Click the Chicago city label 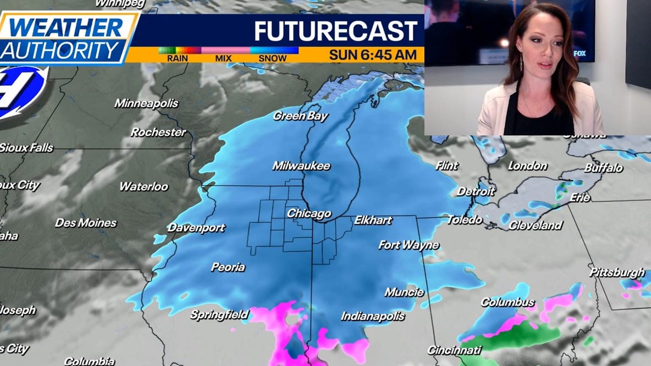click(x=309, y=214)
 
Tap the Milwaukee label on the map click(x=301, y=166)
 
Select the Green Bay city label click(x=300, y=116)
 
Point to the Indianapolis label click(x=373, y=316)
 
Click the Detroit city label click(x=476, y=192)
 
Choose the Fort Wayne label click(x=409, y=245)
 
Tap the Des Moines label click(x=86, y=223)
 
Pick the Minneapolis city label click(x=146, y=103)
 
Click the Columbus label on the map click(x=507, y=302)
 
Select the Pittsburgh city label click(x=617, y=273)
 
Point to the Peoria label click(x=228, y=268)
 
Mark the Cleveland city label click(x=535, y=225)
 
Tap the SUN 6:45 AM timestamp click(x=376, y=55)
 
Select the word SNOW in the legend click(x=273, y=58)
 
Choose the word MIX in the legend click(x=223, y=58)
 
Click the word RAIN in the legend click(x=177, y=58)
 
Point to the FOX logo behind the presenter click(x=580, y=53)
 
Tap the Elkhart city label click(x=373, y=220)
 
